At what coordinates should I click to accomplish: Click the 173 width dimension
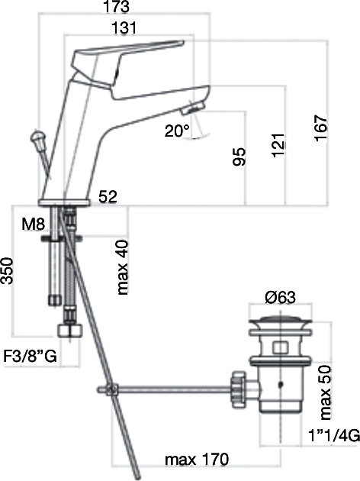pyautogui.click(x=116, y=7)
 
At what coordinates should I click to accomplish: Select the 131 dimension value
pyautogui.click(x=124, y=28)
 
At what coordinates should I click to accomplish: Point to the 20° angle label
pyautogui.click(x=177, y=131)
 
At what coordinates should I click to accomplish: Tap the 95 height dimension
pyautogui.click(x=239, y=157)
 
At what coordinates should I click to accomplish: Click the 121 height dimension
pyautogui.click(x=278, y=145)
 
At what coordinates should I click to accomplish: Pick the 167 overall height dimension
pyautogui.click(x=321, y=128)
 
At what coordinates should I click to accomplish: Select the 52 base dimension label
pyautogui.click(x=108, y=196)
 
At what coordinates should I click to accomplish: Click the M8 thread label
pyautogui.click(x=34, y=224)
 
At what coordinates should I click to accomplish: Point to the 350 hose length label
pyautogui.click(x=7, y=271)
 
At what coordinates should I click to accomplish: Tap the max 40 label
pyautogui.click(x=123, y=267)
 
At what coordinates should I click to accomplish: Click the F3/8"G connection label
pyautogui.click(x=30, y=356)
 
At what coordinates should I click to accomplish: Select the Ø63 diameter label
pyautogui.click(x=281, y=297)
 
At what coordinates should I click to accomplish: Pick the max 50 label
pyautogui.click(x=326, y=392)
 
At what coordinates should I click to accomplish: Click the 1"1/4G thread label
pyautogui.click(x=333, y=435)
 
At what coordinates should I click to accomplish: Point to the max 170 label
pyautogui.click(x=197, y=460)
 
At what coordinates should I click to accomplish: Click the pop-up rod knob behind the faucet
pyautogui.click(x=38, y=140)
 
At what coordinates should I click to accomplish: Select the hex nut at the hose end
pyautogui.click(x=70, y=331)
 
